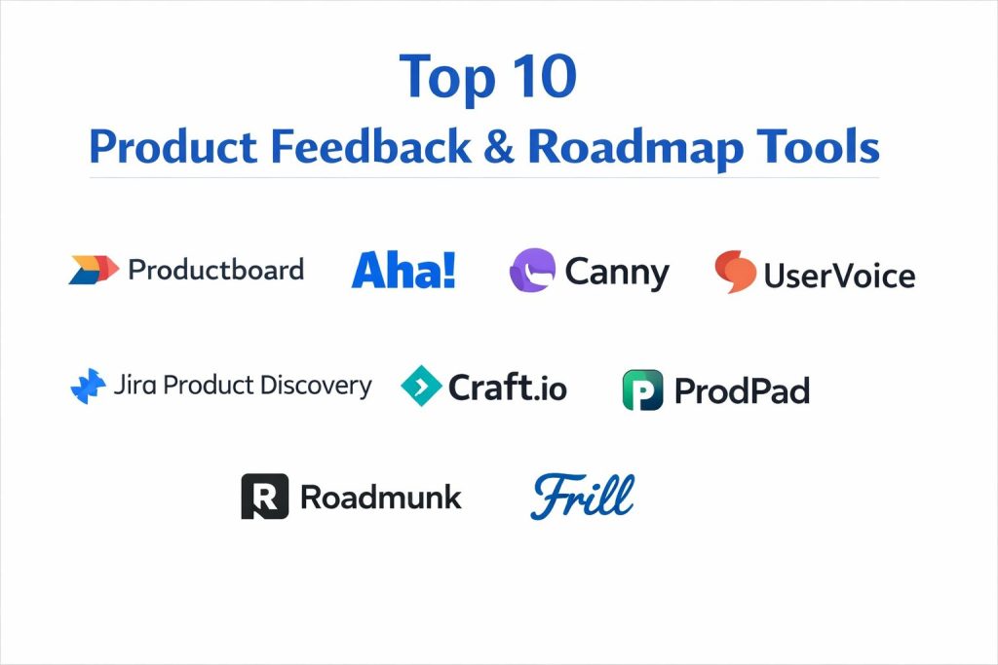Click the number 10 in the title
pyautogui.click(x=544, y=76)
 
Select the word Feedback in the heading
pyautogui.click(x=371, y=146)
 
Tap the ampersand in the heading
pyautogui.click(x=499, y=147)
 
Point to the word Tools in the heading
pyautogui.click(x=818, y=146)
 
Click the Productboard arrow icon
pyautogui.click(x=94, y=270)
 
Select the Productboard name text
pyautogui.click(x=215, y=270)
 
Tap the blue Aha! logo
pyautogui.click(x=403, y=270)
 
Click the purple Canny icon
pyautogui.click(x=532, y=271)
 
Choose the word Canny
pyautogui.click(x=617, y=274)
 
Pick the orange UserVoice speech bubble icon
pyautogui.click(x=735, y=272)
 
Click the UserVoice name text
pyautogui.click(x=839, y=276)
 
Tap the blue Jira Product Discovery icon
pyautogui.click(x=88, y=386)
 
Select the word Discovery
pyautogui.click(x=316, y=386)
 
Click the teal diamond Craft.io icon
pyautogui.click(x=421, y=386)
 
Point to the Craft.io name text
pyautogui.click(x=507, y=388)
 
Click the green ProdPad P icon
pyautogui.click(x=643, y=389)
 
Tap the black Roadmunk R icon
pyautogui.click(x=265, y=496)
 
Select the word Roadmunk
pyautogui.click(x=381, y=498)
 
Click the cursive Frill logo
pyautogui.click(x=583, y=496)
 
